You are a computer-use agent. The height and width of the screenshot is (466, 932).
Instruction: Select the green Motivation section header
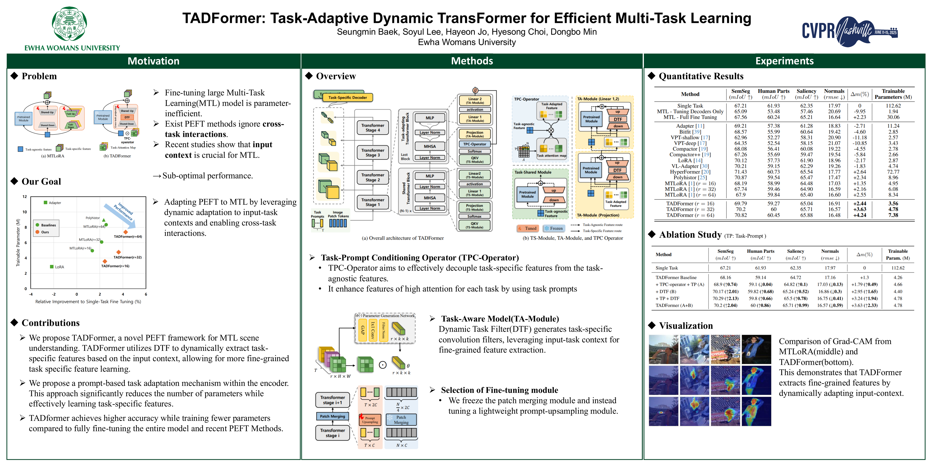click(x=153, y=61)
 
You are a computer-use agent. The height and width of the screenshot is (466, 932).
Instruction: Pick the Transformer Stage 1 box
click(x=373, y=202)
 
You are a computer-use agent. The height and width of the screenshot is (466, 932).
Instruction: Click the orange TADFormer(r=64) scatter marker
click(x=126, y=232)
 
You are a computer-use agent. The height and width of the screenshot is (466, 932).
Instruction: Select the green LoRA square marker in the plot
click(x=52, y=267)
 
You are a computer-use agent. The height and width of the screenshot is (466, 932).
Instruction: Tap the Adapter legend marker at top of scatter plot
click(x=46, y=203)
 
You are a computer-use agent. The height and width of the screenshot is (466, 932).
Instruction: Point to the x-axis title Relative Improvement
click(x=88, y=301)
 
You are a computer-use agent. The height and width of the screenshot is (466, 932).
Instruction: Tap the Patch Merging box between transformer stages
click(x=333, y=416)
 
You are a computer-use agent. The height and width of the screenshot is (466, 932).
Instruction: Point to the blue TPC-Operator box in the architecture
click(x=475, y=144)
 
